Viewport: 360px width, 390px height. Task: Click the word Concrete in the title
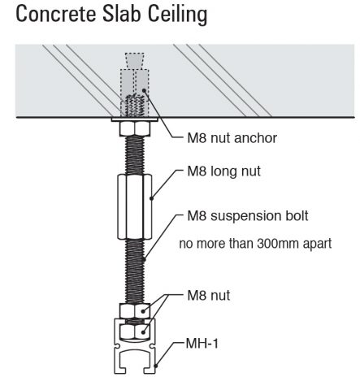click(56, 14)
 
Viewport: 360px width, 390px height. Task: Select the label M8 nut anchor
click(232, 138)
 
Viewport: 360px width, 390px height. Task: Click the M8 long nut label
click(224, 171)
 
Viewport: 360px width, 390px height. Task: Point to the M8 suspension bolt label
click(248, 216)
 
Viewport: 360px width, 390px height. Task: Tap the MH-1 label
click(202, 344)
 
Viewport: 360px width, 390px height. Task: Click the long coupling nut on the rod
click(135, 207)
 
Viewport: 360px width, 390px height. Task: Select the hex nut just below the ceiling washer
click(135, 129)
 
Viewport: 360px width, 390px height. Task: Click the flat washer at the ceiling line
click(135, 119)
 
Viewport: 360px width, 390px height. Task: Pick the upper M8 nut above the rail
click(135, 310)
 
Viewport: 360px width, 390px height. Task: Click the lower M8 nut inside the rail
click(135, 331)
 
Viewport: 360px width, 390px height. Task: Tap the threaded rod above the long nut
click(135, 155)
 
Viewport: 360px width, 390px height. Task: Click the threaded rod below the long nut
click(135, 271)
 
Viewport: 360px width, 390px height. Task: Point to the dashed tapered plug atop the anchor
click(134, 61)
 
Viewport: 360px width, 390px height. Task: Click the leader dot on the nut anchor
click(144, 90)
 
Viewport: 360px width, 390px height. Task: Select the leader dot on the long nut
click(152, 198)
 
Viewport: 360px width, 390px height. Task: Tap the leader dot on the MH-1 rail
click(155, 366)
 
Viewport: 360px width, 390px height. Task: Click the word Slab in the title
click(122, 14)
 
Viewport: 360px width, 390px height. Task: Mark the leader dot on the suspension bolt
click(144, 260)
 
